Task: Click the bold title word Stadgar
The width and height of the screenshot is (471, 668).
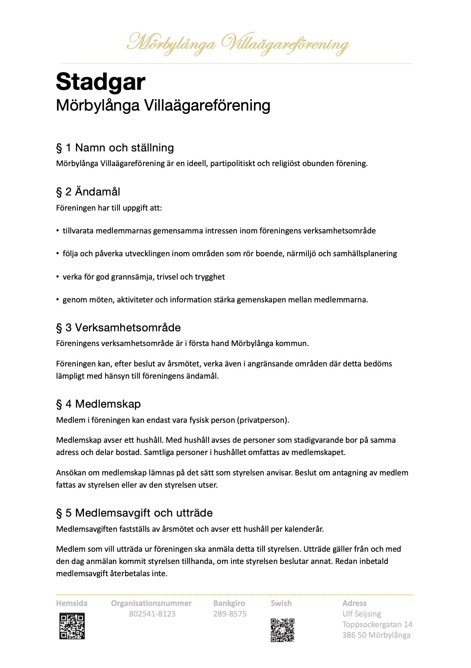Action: pos(100,82)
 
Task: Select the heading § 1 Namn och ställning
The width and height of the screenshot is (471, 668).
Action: pos(115,148)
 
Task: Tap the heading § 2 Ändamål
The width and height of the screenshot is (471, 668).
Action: pos(88,192)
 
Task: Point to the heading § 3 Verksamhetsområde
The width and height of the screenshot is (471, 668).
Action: pos(118,328)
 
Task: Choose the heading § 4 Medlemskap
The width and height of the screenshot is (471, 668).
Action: pos(98,404)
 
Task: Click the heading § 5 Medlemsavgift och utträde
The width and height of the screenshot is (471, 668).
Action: pos(134,513)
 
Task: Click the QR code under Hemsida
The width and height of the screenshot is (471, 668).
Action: pos(72,626)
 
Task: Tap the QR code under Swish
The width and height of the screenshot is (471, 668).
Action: pos(282,630)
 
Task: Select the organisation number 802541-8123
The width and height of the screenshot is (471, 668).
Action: pos(152,614)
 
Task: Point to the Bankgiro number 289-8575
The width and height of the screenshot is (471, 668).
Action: pos(230,614)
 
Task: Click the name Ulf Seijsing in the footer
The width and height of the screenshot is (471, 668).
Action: pos(361,614)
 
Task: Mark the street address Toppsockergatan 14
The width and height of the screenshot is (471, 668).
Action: pos(377,624)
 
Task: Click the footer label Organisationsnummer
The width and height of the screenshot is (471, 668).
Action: pos(151,603)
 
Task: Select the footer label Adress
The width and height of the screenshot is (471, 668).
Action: pos(354,603)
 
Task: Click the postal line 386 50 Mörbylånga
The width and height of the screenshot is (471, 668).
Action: pos(376,635)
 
